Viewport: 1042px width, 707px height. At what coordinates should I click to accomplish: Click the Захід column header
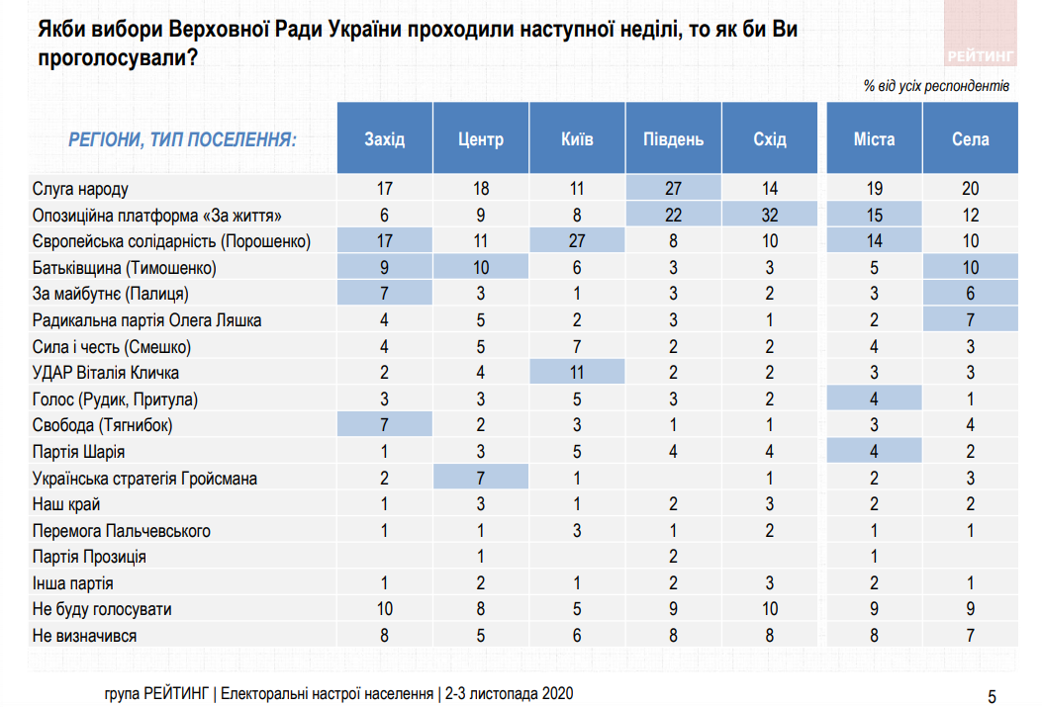385,139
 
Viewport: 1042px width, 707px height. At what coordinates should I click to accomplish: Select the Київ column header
577,139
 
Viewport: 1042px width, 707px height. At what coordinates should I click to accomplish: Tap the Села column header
971,139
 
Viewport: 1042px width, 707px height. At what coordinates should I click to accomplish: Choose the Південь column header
673,139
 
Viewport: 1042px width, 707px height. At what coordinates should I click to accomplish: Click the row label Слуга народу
81,188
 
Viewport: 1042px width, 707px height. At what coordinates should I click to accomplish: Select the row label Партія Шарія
79,452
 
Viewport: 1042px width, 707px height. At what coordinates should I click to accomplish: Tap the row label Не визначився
84,636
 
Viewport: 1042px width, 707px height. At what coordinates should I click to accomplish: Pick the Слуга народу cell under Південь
673,188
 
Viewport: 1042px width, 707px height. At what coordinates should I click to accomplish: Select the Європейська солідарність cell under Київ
577,241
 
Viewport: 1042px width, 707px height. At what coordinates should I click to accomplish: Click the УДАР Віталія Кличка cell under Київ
577,373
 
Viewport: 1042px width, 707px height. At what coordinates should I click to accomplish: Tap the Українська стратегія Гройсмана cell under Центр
480,479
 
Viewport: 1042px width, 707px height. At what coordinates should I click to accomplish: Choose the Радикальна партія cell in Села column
971,320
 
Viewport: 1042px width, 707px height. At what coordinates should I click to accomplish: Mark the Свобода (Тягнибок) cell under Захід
385,425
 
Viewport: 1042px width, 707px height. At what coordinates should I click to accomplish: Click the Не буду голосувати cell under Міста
874,610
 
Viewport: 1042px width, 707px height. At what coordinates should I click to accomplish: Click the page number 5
993,694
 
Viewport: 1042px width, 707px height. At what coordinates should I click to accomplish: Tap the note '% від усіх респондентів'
935,86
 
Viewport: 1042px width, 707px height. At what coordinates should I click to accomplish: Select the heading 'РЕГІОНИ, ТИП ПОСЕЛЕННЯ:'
183,139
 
